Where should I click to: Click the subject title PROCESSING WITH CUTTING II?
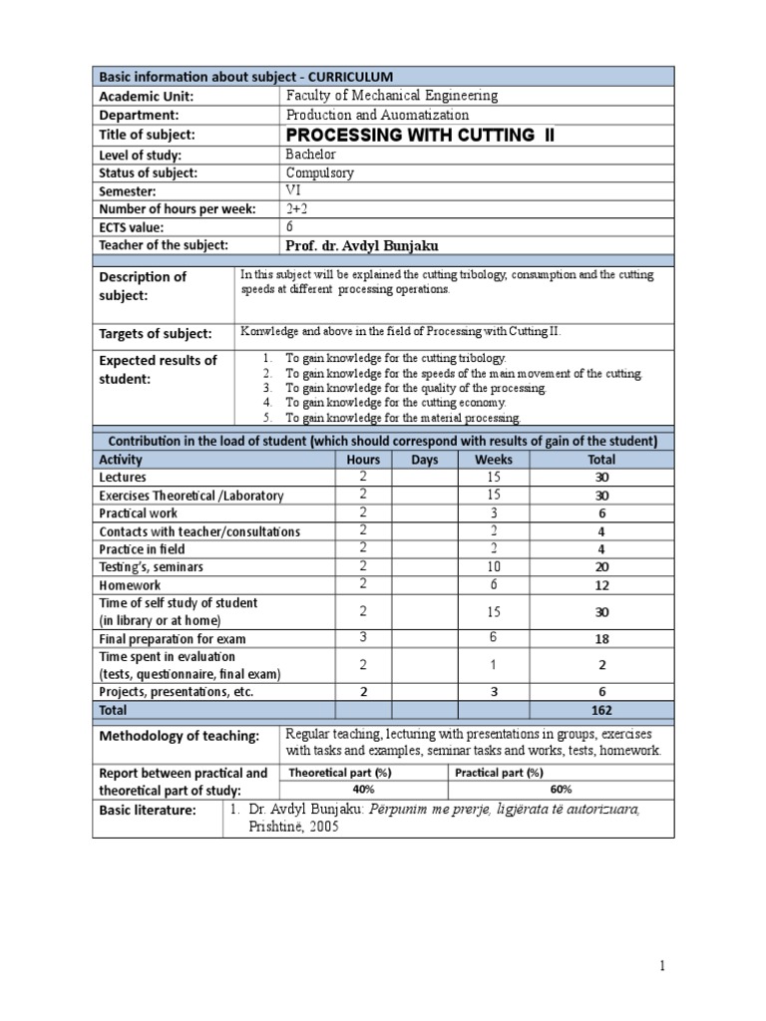pos(419,136)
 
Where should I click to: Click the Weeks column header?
pos(493,460)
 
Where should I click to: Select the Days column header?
pos(424,460)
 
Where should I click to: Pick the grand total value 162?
pos(600,711)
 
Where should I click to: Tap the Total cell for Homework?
pos(601,585)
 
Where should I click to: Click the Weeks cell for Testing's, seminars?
pos(493,566)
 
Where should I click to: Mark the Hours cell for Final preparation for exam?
pos(363,638)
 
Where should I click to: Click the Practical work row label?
pos(139,513)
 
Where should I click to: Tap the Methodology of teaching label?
pos(178,737)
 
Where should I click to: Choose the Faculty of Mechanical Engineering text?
pos(392,96)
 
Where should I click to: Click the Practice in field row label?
pos(142,549)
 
